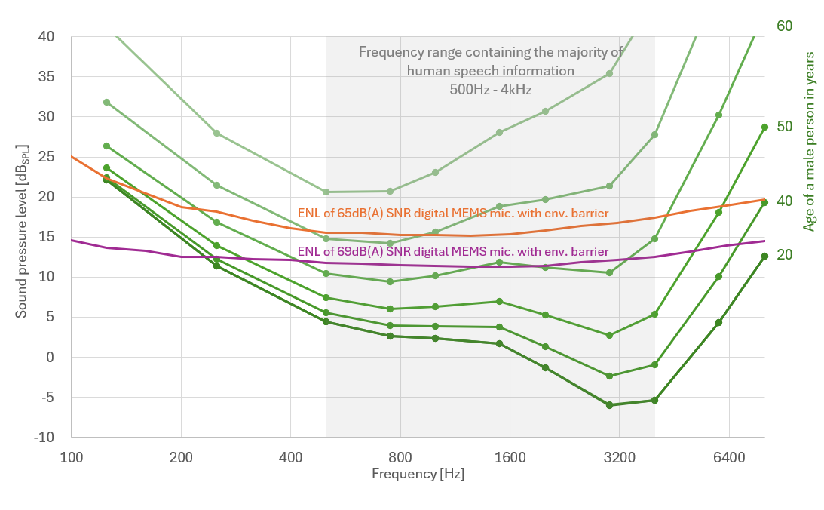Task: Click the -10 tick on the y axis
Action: (x=44, y=438)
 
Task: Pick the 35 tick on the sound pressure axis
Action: (x=47, y=77)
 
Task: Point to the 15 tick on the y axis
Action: (x=47, y=237)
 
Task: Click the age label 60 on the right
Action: (x=784, y=26)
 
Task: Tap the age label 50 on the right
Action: (x=784, y=126)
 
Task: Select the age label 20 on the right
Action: (x=784, y=255)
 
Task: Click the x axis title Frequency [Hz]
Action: (x=418, y=474)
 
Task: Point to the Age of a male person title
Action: (x=809, y=141)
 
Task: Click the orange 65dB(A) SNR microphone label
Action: (x=453, y=214)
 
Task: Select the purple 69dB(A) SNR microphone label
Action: (x=453, y=251)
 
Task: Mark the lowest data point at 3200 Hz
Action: (x=609, y=405)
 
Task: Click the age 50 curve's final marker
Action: (x=764, y=127)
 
